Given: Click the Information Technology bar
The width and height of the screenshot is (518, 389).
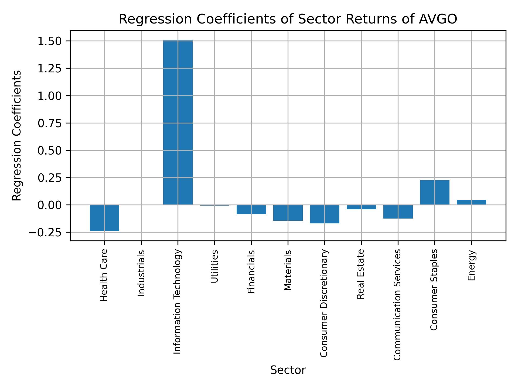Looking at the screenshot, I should click(178, 122).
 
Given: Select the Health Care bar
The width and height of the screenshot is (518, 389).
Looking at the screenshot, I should click(104, 218).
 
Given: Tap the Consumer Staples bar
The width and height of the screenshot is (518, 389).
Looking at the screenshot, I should click(435, 192).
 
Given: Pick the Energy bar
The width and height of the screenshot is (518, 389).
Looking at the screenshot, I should click(471, 202).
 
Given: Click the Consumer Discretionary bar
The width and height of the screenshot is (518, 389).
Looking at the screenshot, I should click(325, 214).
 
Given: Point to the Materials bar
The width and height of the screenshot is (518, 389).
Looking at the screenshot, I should click(288, 213).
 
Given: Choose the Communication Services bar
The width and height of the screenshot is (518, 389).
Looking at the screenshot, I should click(398, 212).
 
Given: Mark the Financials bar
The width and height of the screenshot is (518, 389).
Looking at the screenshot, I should click(251, 209).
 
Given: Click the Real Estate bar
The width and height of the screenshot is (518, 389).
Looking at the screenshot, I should click(361, 207).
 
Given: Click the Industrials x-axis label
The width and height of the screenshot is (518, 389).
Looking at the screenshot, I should click(141, 273).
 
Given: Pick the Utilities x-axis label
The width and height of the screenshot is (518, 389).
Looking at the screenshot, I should click(214, 266).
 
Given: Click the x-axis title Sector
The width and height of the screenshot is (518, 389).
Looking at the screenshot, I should click(288, 370).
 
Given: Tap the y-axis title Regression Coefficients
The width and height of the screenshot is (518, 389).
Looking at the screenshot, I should click(17, 136).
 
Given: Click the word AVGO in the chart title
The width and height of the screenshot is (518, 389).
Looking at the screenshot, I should click(438, 19).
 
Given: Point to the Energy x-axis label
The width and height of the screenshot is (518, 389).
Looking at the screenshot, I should click(471, 266).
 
